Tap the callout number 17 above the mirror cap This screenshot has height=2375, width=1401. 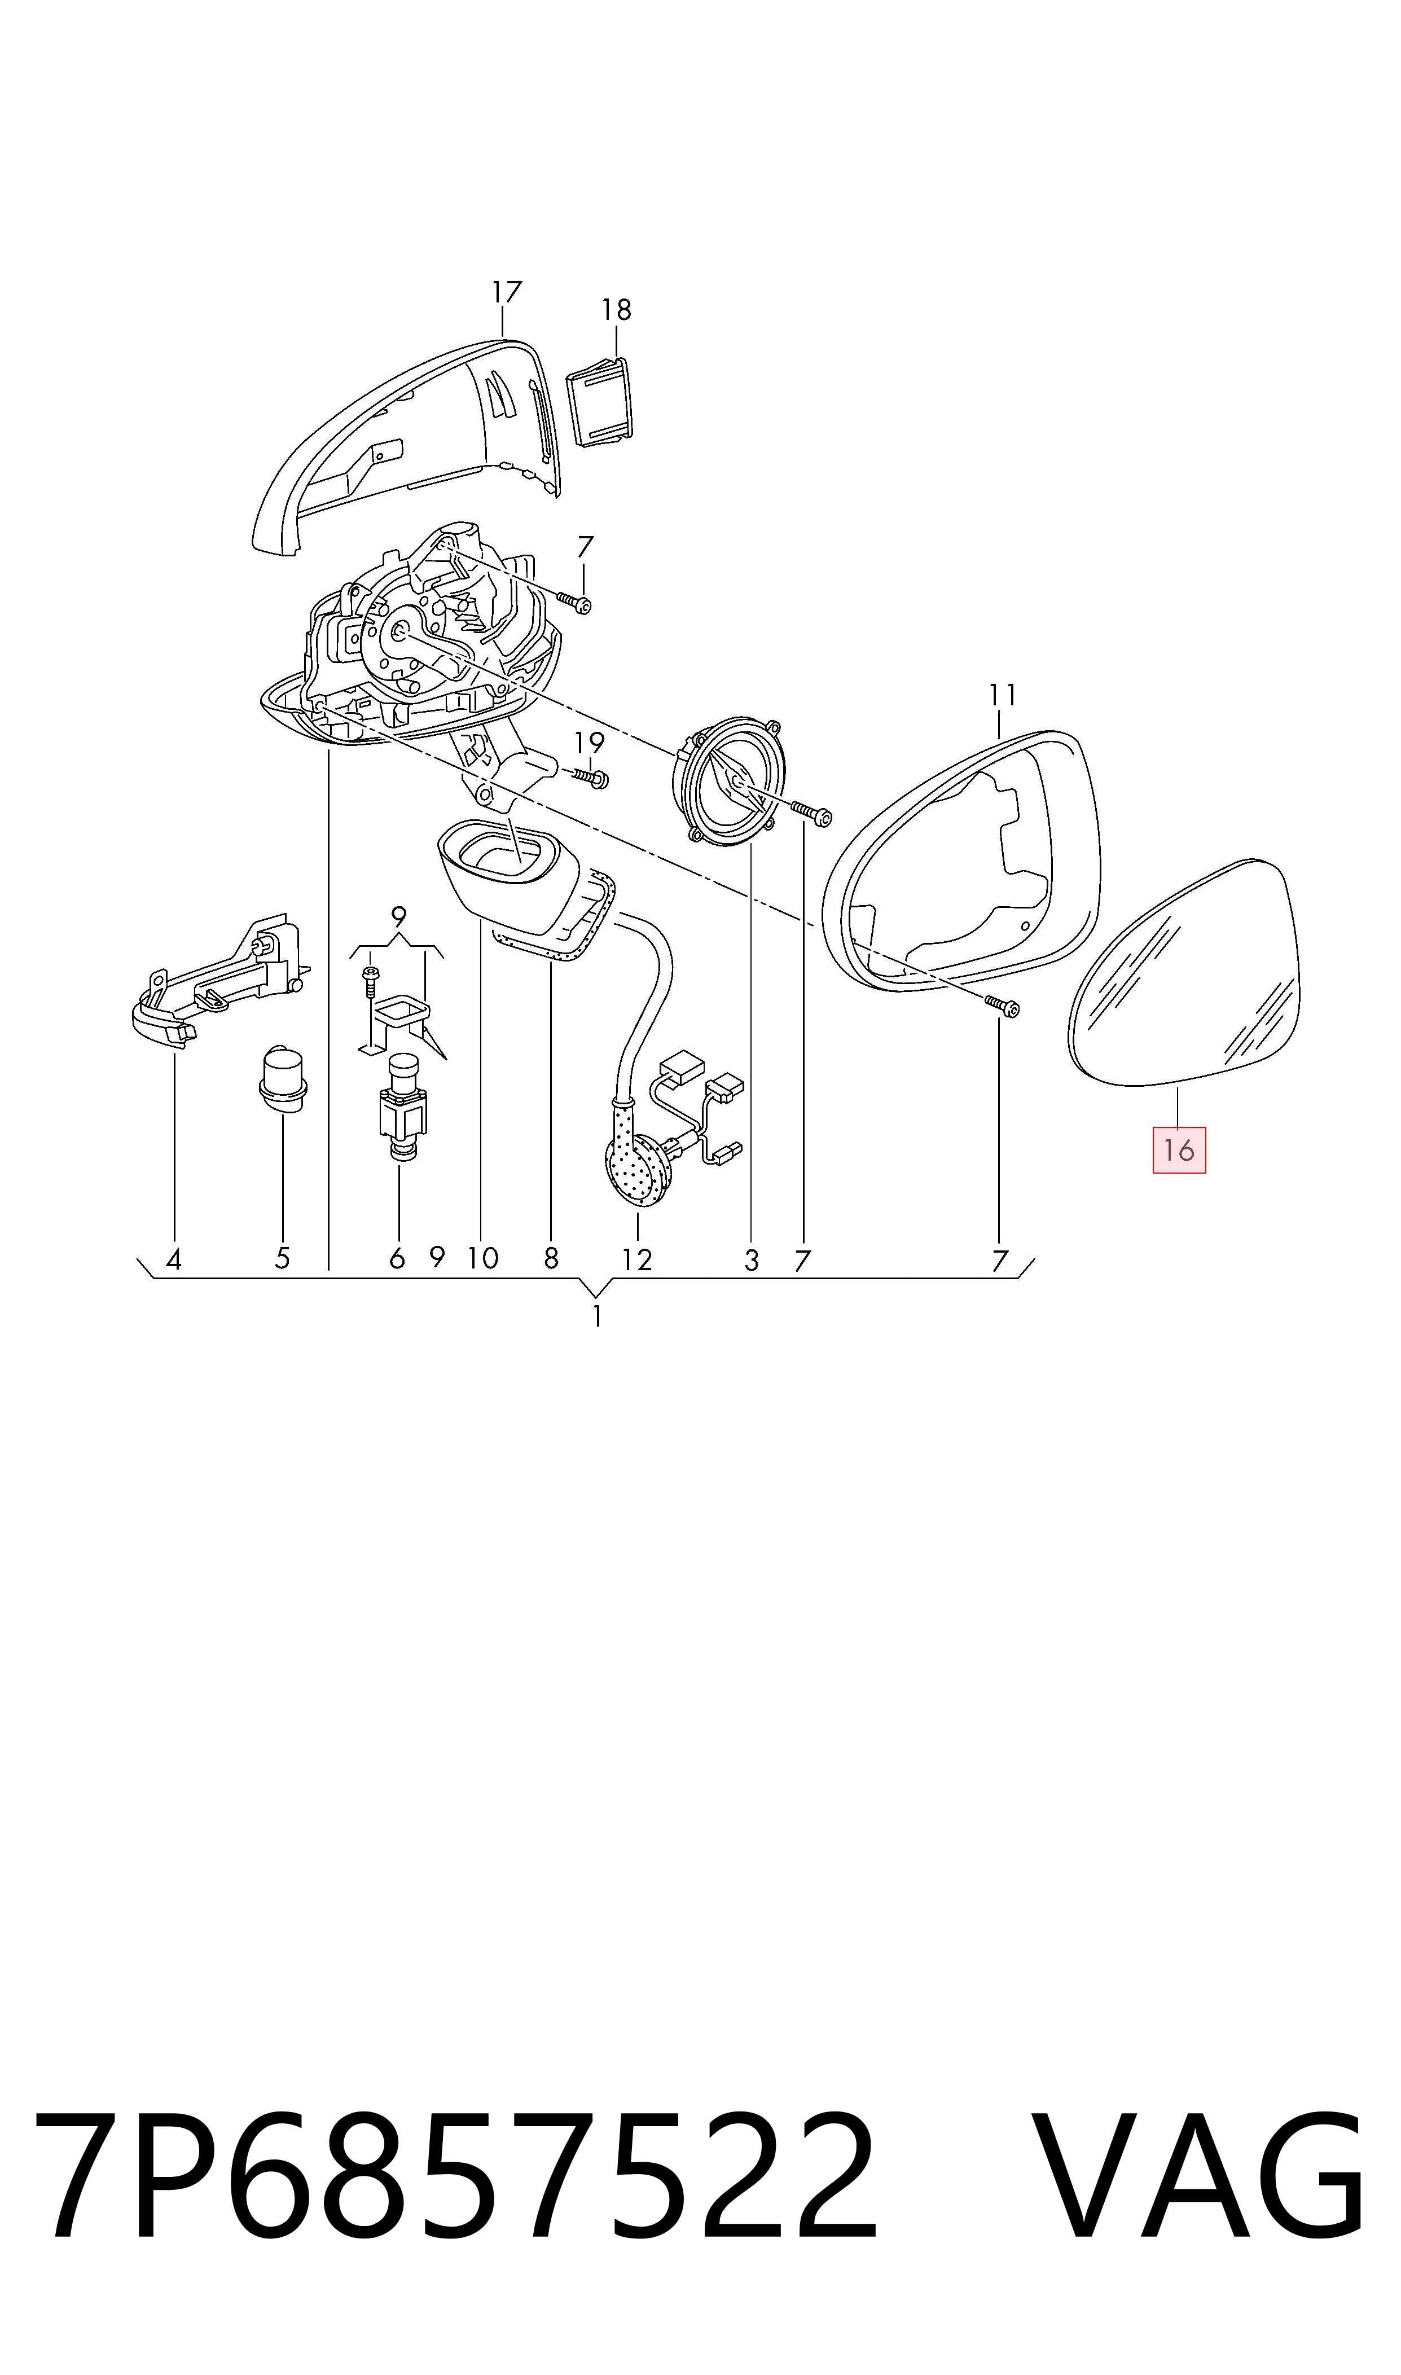click(506, 293)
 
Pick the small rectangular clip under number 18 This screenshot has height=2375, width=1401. click(600, 403)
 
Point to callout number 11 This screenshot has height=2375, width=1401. click(1003, 696)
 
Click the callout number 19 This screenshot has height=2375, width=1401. click(589, 743)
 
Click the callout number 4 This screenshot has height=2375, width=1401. click(173, 1259)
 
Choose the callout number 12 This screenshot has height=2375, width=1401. click(637, 1260)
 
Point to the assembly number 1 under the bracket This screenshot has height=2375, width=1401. click(596, 1316)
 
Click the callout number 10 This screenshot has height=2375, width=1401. click(482, 1258)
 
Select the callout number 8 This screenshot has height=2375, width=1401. click(551, 1258)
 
